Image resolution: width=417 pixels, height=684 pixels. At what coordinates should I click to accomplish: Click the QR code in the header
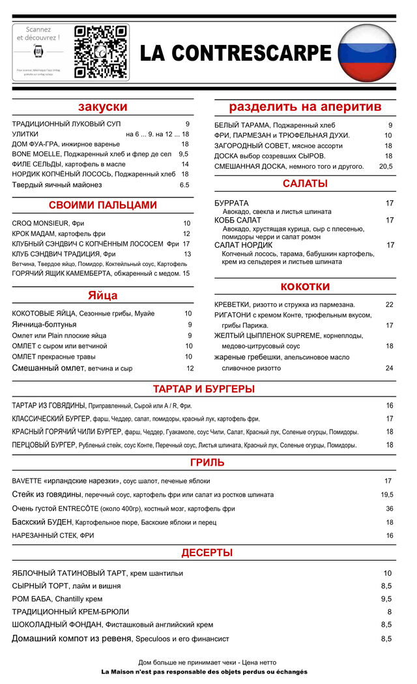[x=100, y=52]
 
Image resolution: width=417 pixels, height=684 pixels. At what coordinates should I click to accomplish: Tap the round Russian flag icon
[x=367, y=52]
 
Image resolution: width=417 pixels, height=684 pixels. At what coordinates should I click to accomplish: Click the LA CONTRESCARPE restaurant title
[x=235, y=53]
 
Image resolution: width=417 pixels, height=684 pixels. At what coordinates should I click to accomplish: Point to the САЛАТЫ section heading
[x=305, y=184]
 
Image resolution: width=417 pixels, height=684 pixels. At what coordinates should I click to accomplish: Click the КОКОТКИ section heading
[x=305, y=287]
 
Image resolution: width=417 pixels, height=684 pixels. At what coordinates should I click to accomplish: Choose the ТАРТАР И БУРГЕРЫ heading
[x=203, y=389]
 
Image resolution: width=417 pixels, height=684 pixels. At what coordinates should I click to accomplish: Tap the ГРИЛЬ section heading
[x=207, y=463]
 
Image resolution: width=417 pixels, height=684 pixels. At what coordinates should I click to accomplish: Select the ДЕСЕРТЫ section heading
[x=207, y=553]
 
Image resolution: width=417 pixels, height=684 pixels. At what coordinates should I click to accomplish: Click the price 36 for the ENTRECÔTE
[x=389, y=509]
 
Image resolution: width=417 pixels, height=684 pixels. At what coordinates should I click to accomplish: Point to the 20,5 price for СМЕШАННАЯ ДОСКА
[x=386, y=166]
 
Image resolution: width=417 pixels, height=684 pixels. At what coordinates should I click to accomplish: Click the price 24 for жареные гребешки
[x=389, y=368]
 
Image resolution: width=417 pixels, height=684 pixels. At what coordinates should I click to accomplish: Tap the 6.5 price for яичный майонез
[x=184, y=185]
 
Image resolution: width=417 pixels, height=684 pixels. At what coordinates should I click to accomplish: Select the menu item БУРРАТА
[x=231, y=203]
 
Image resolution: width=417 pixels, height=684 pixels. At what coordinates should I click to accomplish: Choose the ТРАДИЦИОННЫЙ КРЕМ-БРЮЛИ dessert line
[x=70, y=612]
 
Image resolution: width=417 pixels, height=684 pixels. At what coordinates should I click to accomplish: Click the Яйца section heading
[x=102, y=296]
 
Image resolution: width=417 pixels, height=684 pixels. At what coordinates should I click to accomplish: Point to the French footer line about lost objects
[x=204, y=672]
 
